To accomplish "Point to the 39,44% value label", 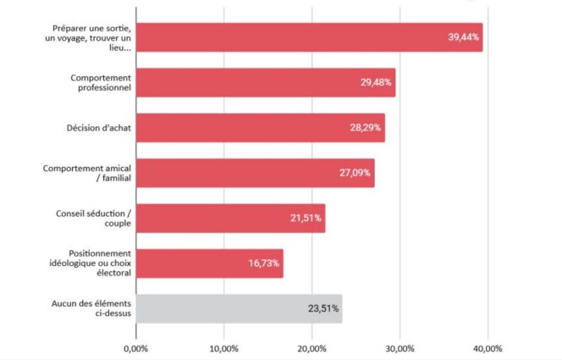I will pyautogui.click(x=463, y=37).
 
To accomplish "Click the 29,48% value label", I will pyautogui.click(x=375, y=83).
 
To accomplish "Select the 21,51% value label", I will pyautogui.click(x=306, y=219).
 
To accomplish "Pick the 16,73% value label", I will pyautogui.click(x=264, y=263).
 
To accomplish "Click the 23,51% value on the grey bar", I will pyautogui.click(x=322, y=309).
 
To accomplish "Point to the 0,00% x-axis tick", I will pyautogui.click(x=135, y=348).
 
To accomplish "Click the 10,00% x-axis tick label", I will pyautogui.click(x=223, y=348).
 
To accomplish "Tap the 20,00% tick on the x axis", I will pyautogui.click(x=311, y=348).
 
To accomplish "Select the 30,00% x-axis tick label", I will pyautogui.click(x=399, y=348).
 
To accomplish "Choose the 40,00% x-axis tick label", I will pyautogui.click(x=487, y=348).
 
